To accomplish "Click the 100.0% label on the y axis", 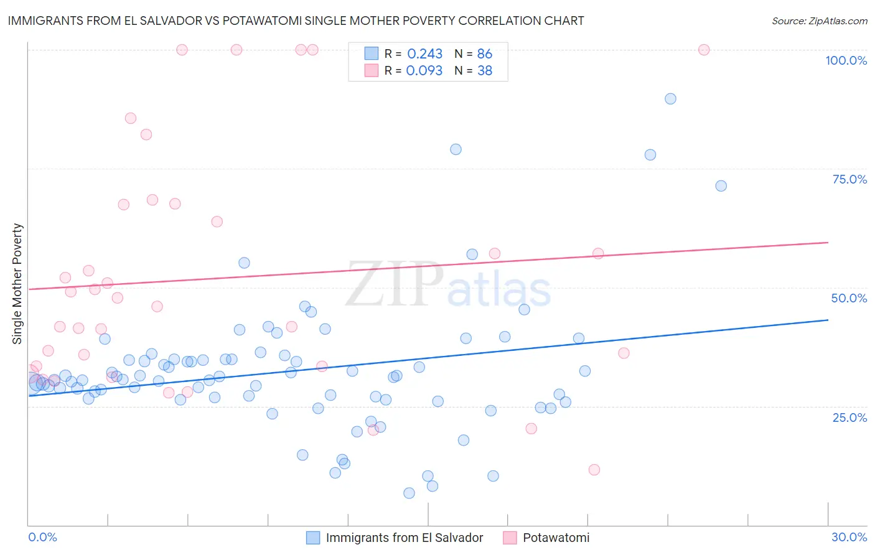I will click(x=846, y=60).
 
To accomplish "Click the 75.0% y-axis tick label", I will click(x=849, y=179).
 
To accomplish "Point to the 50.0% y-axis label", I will click(x=849, y=298).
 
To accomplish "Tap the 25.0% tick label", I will click(x=849, y=417).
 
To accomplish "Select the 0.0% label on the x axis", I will click(x=42, y=537).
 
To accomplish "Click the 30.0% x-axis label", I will click(x=849, y=537).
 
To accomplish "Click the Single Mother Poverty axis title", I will click(x=17, y=284).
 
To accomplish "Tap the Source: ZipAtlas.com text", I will click(x=819, y=21).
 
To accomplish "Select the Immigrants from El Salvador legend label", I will click(x=404, y=538).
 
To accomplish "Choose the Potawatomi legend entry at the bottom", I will click(x=556, y=538).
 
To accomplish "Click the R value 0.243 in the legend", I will click(x=424, y=54).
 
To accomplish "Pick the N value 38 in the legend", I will click(x=484, y=71).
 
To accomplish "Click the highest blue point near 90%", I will click(x=670, y=98).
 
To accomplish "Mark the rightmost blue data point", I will click(x=721, y=185).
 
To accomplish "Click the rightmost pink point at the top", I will click(x=704, y=50).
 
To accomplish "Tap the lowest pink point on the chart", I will click(x=594, y=470).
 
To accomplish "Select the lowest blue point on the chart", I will click(x=409, y=493).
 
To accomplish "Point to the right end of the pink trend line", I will click(x=828, y=242).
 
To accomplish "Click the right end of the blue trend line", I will click(x=828, y=320).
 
